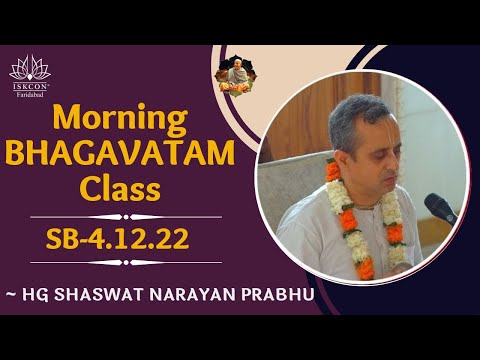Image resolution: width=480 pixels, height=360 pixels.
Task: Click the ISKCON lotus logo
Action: pos(29,68)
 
